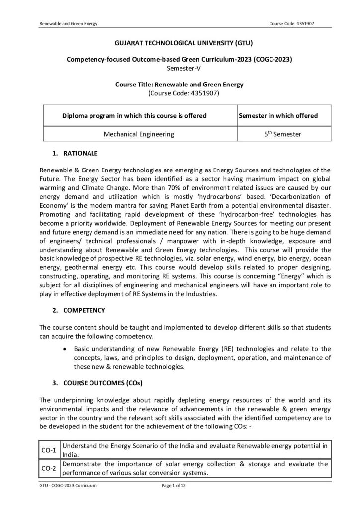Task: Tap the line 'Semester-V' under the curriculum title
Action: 180,67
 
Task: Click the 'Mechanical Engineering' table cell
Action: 139,134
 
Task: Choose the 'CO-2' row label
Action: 49,468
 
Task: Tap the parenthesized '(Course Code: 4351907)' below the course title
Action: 180,92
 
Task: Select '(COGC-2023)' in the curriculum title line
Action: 272,59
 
